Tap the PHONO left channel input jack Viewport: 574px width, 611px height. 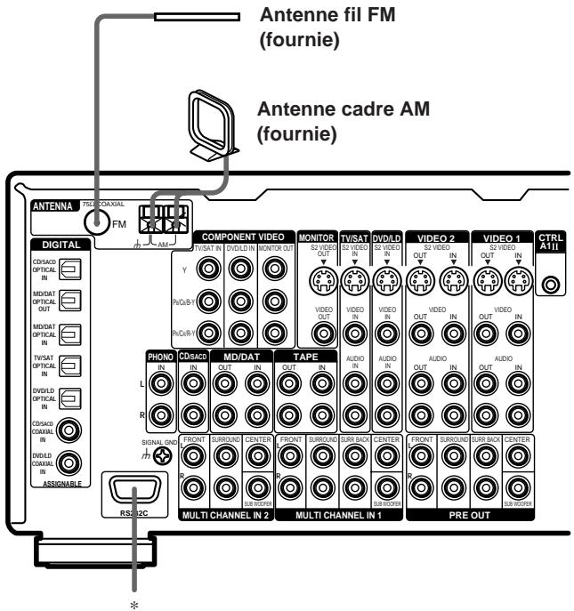click(161, 384)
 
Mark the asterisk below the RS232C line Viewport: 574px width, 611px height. click(137, 598)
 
